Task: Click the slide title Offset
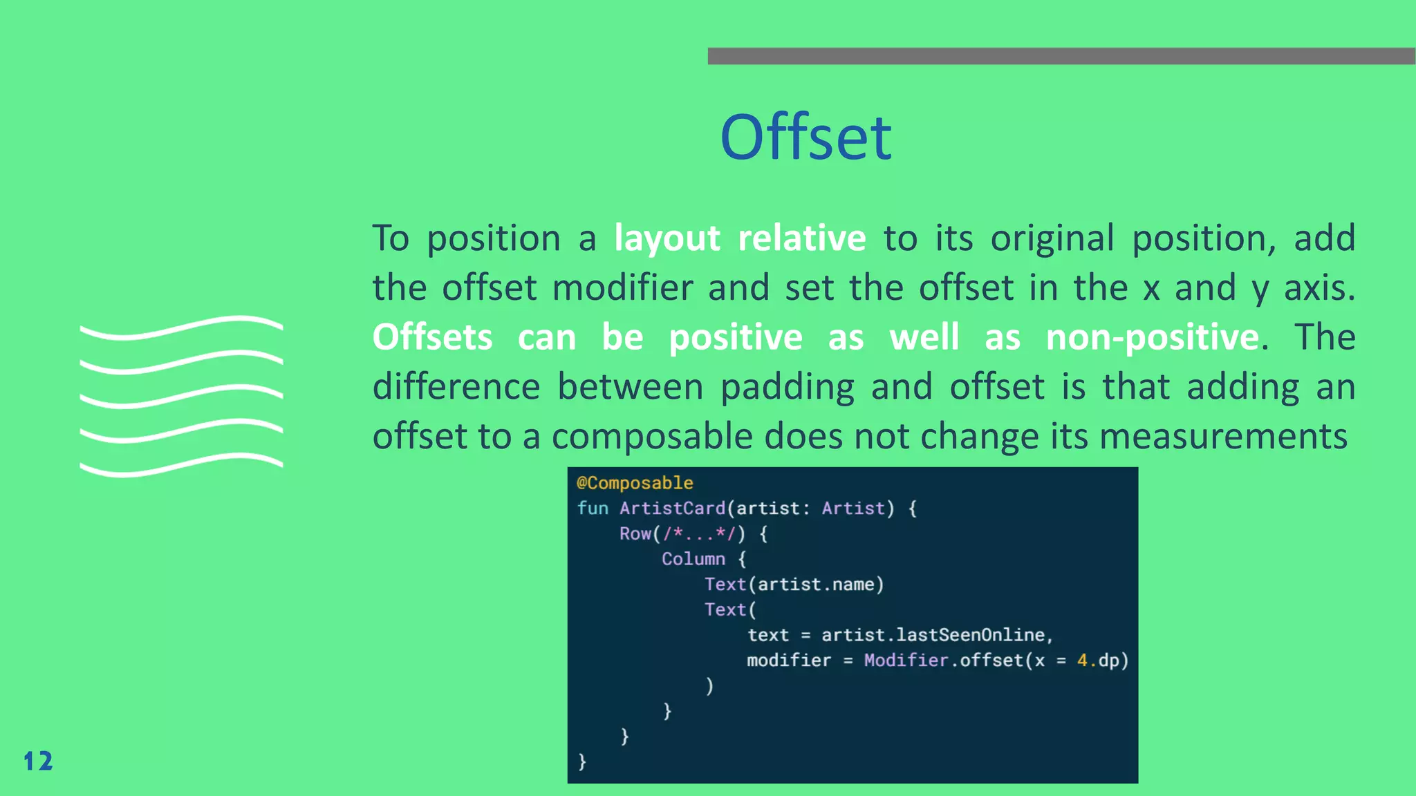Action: pos(805,138)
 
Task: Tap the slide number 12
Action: pos(38,761)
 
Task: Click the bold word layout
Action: pos(667,238)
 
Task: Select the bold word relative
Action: pos(802,238)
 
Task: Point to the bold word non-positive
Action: pos(1153,338)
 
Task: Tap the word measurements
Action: pos(1223,437)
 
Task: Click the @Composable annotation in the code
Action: pos(635,483)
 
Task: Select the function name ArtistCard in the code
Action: pos(672,509)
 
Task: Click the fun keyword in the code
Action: pos(593,509)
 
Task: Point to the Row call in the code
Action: pos(635,534)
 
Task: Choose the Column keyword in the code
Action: pos(693,559)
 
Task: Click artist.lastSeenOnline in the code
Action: pos(933,635)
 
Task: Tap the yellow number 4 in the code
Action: pos(1082,661)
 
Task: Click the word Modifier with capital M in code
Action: pos(906,661)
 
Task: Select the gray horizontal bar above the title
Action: pos(1061,56)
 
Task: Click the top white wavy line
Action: pos(181,328)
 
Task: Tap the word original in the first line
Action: pos(1052,238)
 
